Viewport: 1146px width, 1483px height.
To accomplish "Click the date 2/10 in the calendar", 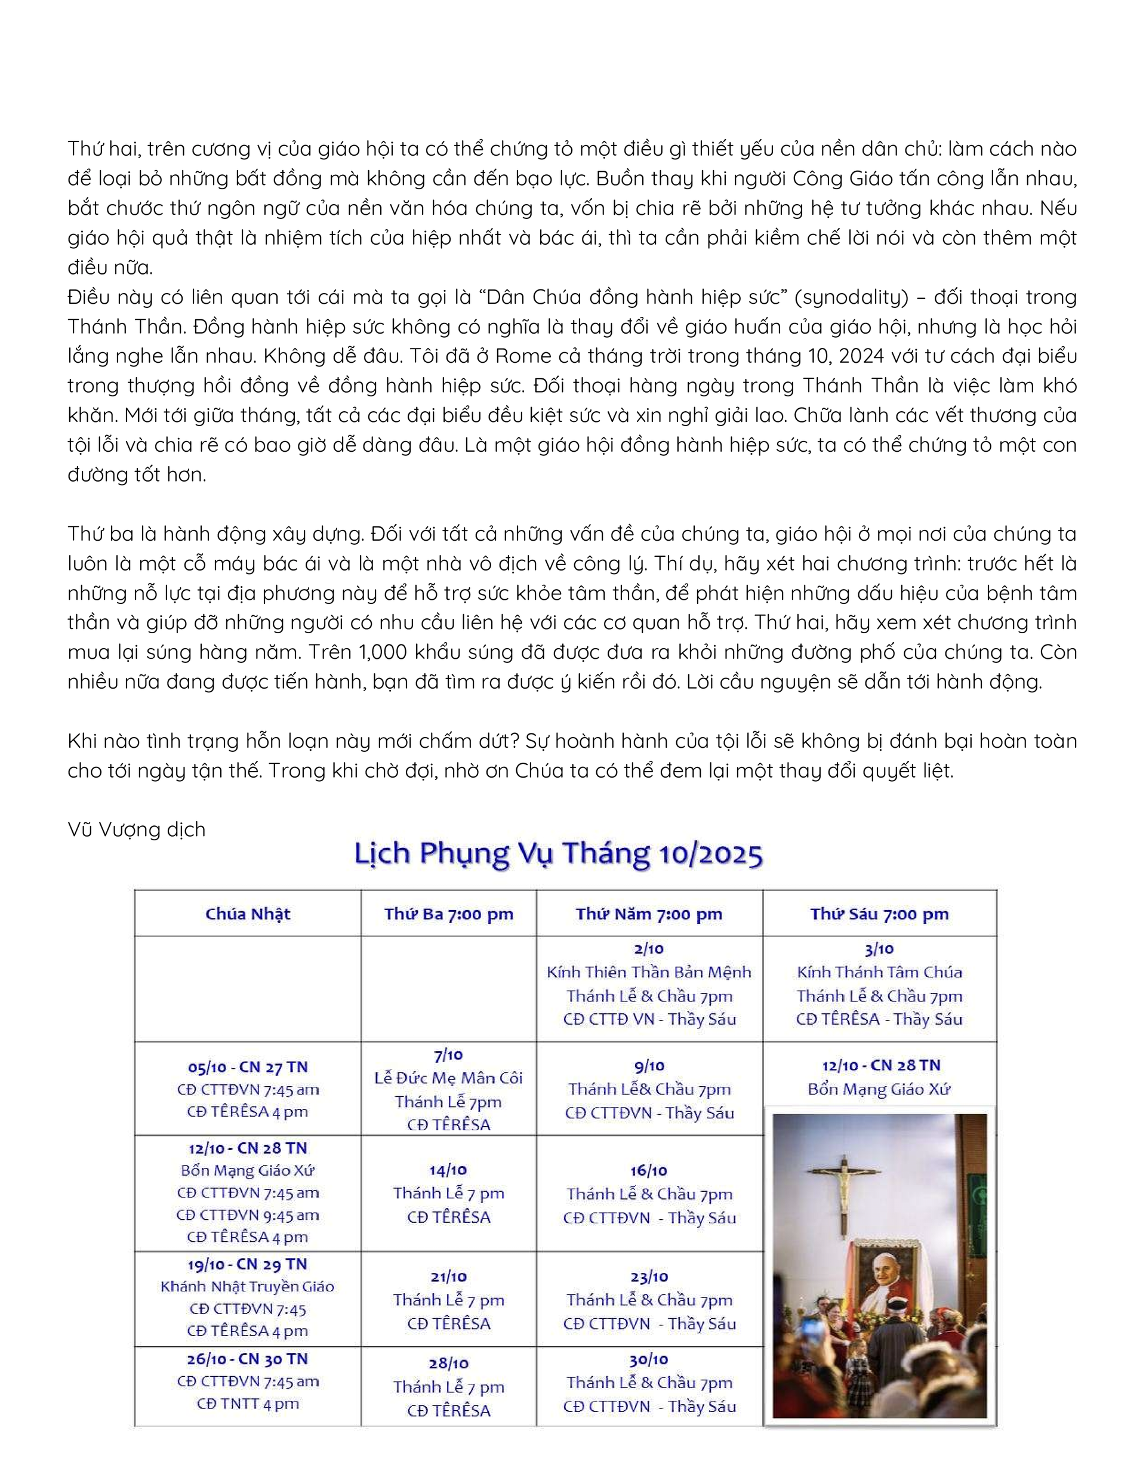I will tap(649, 949).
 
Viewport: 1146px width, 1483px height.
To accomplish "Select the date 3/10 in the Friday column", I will tap(879, 949).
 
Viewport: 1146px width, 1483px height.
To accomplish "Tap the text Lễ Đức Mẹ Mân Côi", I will tap(448, 1078).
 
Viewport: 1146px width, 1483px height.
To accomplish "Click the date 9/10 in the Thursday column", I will tap(649, 1066).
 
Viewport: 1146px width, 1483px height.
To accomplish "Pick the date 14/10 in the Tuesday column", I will tap(448, 1170).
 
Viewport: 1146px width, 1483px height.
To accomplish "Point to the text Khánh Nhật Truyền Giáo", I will tap(247, 1286).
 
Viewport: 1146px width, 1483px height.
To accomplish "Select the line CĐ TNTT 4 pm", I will tap(247, 1404).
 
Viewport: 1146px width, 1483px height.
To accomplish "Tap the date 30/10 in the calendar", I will tap(649, 1359).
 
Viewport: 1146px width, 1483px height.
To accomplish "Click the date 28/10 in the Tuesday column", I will tap(448, 1364).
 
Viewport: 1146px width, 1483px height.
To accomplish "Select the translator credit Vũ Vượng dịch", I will tap(136, 829).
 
